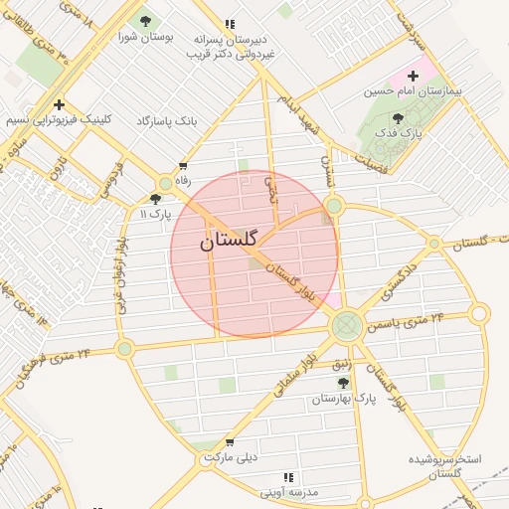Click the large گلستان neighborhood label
(228, 241)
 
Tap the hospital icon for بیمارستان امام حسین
(414, 77)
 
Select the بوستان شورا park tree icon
(146, 21)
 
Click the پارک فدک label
(406, 131)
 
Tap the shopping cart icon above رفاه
(182, 166)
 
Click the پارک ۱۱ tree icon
(166, 185)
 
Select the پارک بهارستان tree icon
(344, 383)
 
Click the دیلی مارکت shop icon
(231, 442)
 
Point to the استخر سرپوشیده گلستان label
(444, 466)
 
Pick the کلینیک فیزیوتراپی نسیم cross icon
(60, 104)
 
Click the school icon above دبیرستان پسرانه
(231, 24)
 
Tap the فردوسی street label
(105, 178)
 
